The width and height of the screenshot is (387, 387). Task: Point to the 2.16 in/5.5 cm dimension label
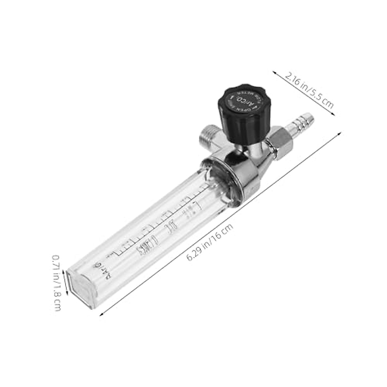[308, 90]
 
